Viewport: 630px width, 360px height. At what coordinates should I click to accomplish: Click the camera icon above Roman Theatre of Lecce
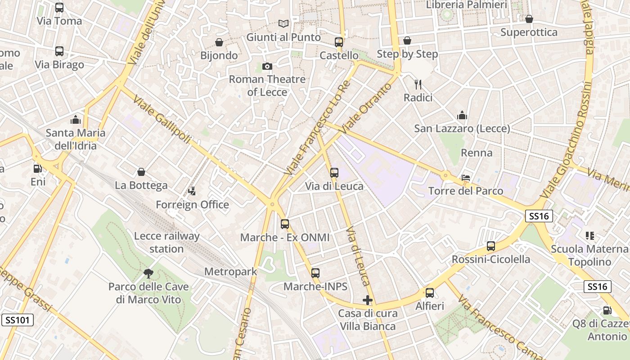click(x=267, y=67)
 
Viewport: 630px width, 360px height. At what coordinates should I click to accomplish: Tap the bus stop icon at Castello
click(x=339, y=42)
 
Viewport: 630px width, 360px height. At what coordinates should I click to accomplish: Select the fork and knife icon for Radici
click(x=418, y=84)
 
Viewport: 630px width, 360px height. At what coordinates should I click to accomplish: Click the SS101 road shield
click(x=18, y=320)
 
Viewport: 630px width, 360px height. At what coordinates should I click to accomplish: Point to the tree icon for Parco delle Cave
click(x=148, y=273)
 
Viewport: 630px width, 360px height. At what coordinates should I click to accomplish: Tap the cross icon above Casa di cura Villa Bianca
click(x=368, y=300)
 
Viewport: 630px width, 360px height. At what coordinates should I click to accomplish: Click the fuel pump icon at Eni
click(x=38, y=169)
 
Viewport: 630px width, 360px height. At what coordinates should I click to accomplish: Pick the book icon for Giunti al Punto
click(x=283, y=23)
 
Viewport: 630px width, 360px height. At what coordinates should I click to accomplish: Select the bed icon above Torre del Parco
click(x=466, y=178)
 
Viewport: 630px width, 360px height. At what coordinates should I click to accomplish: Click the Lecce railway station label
click(x=166, y=242)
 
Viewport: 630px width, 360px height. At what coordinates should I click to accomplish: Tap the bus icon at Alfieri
click(x=430, y=293)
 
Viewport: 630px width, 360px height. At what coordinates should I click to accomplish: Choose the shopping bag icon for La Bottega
click(x=141, y=172)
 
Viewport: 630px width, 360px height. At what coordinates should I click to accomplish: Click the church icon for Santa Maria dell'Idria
click(x=75, y=120)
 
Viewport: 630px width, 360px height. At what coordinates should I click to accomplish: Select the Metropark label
click(x=230, y=271)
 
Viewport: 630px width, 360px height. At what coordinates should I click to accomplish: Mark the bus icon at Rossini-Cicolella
click(x=491, y=246)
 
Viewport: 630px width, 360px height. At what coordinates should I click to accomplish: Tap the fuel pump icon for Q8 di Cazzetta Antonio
click(x=607, y=310)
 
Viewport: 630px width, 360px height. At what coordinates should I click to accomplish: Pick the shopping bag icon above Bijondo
click(x=219, y=42)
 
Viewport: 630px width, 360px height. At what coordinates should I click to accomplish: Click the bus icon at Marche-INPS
click(x=315, y=273)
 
